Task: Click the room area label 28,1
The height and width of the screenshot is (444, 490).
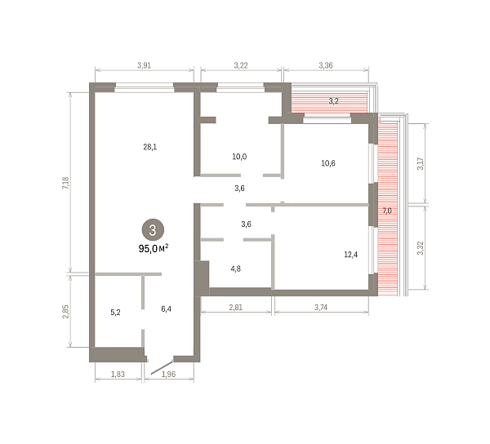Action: (x=150, y=147)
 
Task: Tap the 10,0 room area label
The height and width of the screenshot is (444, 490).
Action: (x=239, y=157)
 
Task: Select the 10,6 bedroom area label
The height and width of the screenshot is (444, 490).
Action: (x=328, y=163)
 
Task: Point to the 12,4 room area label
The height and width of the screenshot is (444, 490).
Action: (x=350, y=255)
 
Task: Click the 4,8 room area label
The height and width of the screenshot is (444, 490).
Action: (x=236, y=269)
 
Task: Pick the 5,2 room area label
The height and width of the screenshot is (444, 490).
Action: (x=115, y=313)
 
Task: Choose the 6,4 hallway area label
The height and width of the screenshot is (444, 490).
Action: (x=166, y=309)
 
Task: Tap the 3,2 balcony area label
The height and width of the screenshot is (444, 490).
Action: (x=333, y=101)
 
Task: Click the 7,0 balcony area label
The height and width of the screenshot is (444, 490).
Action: (x=387, y=211)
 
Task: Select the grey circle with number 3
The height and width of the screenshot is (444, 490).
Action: (x=153, y=230)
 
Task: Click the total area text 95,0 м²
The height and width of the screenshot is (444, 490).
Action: (x=154, y=249)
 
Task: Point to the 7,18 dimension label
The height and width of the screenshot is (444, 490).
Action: (x=66, y=183)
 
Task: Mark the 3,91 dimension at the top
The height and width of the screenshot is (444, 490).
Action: (x=144, y=65)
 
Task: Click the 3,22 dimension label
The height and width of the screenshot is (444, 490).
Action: (x=241, y=65)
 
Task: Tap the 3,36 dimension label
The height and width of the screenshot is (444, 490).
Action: (x=326, y=65)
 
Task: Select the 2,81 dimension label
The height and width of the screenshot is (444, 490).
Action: (x=236, y=307)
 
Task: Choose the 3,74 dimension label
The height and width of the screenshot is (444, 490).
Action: (x=321, y=307)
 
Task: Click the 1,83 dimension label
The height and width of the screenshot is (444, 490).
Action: (x=118, y=374)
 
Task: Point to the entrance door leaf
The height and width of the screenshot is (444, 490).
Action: (x=162, y=367)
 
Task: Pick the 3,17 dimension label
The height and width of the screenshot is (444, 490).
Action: (x=421, y=163)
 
